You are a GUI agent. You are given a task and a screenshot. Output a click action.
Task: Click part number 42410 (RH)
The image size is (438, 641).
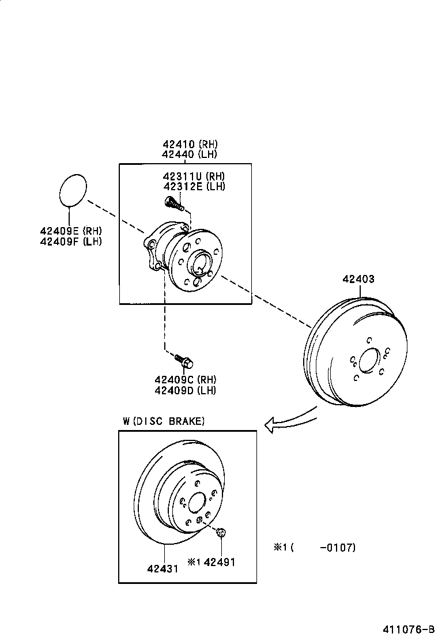pos(190,144)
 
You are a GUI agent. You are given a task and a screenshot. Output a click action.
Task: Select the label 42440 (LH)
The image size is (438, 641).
pos(190,154)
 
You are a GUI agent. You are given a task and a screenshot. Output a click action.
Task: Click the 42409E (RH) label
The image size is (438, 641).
pos(71,231)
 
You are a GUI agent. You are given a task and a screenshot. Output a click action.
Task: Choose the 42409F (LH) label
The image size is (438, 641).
pos(71,241)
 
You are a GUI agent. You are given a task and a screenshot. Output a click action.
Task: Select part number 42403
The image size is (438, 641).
pos(358,279)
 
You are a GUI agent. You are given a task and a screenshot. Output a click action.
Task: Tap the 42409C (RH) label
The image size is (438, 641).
pos(185,380)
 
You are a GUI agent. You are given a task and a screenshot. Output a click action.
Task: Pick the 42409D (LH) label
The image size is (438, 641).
pos(185,390)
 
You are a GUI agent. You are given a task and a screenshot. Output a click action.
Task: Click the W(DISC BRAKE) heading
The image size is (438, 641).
pos(164,421)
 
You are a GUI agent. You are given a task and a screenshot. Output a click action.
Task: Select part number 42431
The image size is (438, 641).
pos(163,568)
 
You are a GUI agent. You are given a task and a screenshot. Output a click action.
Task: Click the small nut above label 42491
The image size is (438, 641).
pos(221,533)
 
